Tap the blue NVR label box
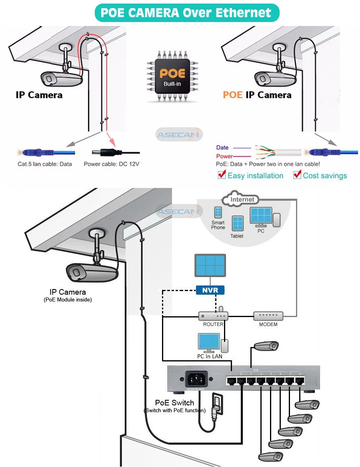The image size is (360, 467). [x=210, y=290]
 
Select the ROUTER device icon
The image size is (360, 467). [x=213, y=316]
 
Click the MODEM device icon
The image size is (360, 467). [x=268, y=316]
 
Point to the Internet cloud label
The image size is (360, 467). [x=242, y=199]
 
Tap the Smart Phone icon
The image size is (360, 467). [x=218, y=212]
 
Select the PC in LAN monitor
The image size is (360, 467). [x=209, y=342]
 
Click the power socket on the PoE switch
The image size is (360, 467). [x=196, y=379]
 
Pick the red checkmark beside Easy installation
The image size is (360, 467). [x=222, y=175]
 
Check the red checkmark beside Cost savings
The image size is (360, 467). [x=297, y=175]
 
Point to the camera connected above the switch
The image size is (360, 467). [x=266, y=346]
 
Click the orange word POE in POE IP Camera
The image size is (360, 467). [x=233, y=95]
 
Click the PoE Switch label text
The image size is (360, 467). [x=174, y=403]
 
